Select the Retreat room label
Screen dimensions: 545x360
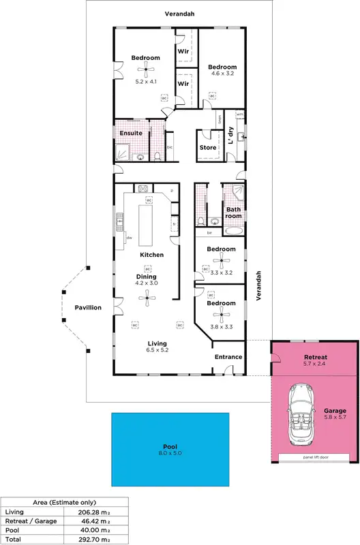point(315,357)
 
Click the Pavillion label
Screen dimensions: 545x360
point(88,308)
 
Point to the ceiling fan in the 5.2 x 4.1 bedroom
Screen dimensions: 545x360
point(145,67)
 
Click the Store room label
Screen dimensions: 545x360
point(208,147)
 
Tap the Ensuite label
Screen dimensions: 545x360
point(131,133)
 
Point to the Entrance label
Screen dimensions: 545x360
point(228,357)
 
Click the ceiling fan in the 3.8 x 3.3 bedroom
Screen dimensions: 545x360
point(221,313)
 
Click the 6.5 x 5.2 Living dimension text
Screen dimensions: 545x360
point(158,350)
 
